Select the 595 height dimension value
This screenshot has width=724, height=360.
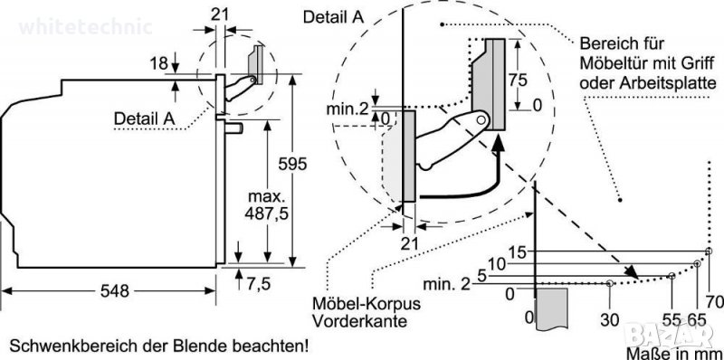click(x=291, y=164)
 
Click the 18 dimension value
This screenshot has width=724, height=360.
click(x=158, y=63)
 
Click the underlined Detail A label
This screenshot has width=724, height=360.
click(x=144, y=118)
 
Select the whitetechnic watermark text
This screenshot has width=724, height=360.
click(x=86, y=27)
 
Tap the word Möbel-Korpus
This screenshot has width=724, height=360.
click(x=367, y=305)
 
